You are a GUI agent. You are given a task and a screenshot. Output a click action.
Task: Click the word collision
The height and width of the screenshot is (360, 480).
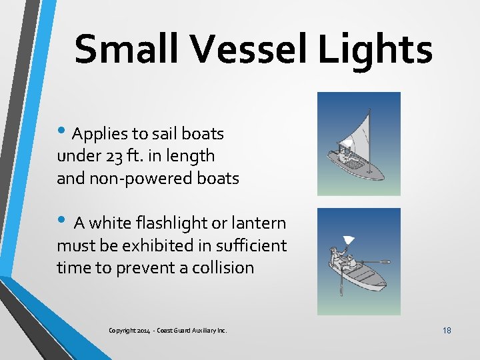coord(223,268)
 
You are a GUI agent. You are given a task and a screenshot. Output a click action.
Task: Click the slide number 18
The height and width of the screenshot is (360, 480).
coord(446,329)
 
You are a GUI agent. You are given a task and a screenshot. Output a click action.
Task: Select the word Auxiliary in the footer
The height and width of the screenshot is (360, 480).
coord(202,330)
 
